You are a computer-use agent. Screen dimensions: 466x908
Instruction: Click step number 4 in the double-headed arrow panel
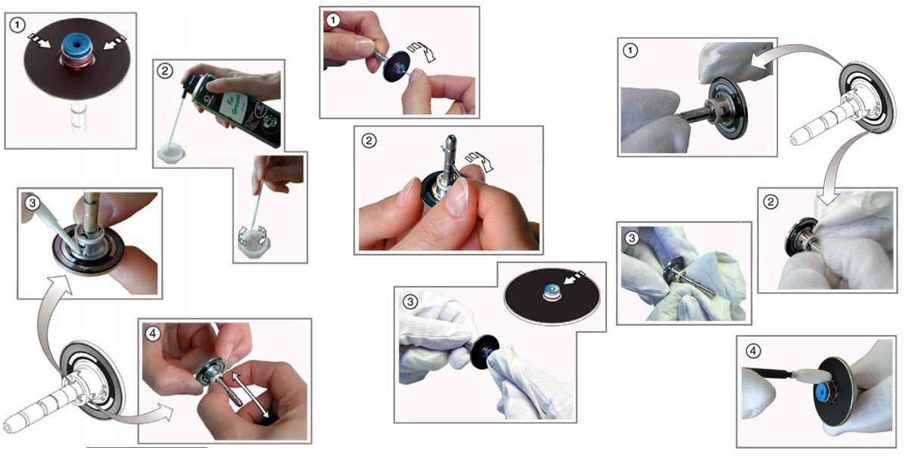(x=152, y=332)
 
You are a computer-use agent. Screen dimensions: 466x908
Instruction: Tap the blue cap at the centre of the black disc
(x=550, y=291)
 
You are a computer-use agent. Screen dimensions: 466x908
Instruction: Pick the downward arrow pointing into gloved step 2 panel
(x=832, y=174)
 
